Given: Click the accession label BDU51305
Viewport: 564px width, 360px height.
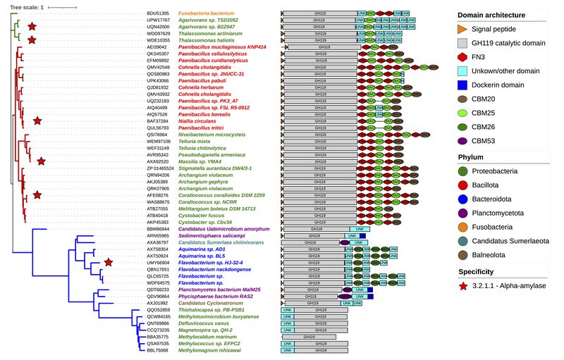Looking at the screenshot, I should [x=157, y=13].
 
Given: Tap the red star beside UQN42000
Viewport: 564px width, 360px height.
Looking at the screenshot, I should [x=32, y=27].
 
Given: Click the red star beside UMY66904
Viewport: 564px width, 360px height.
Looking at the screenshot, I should [x=109, y=263].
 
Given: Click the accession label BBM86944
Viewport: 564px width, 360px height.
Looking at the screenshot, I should [x=157, y=230].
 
